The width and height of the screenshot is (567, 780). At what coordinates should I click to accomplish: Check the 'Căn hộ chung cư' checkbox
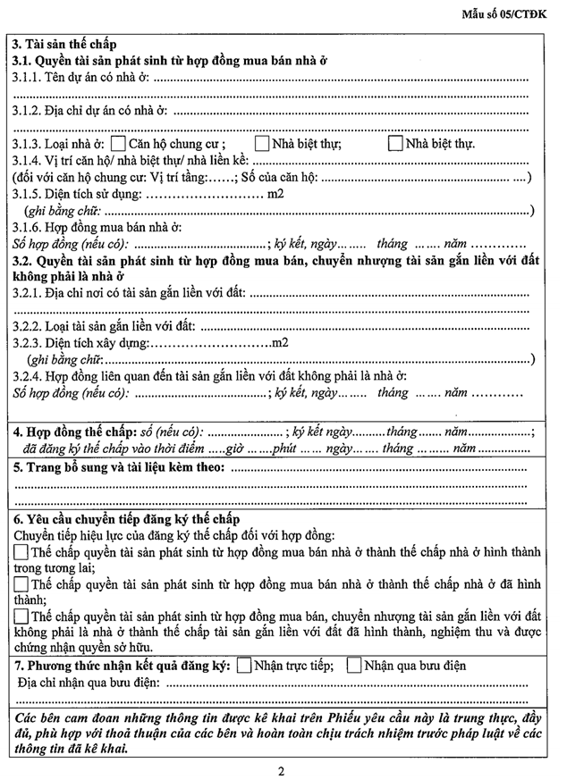click(x=118, y=144)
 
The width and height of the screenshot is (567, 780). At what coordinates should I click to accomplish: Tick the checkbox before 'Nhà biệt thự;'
click(x=262, y=144)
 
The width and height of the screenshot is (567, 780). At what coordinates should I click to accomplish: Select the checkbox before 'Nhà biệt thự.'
click(x=395, y=144)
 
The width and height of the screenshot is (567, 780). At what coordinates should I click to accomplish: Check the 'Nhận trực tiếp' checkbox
click(x=244, y=666)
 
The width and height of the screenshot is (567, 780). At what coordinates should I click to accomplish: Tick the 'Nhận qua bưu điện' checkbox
click(x=353, y=666)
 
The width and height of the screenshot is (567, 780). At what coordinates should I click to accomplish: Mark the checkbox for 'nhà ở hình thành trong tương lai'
click(x=21, y=552)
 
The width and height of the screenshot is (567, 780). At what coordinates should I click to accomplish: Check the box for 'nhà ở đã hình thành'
click(x=21, y=584)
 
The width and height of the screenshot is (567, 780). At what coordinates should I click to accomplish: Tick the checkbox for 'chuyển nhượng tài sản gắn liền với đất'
click(x=21, y=616)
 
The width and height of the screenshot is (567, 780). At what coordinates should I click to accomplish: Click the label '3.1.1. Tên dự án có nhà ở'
click(x=81, y=78)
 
